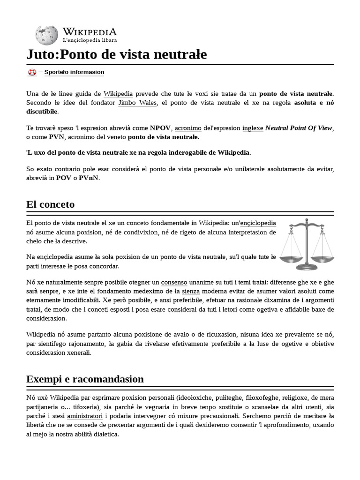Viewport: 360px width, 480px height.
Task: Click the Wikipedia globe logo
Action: [x=46, y=35]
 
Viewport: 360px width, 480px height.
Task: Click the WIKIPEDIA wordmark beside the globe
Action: [x=90, y=31]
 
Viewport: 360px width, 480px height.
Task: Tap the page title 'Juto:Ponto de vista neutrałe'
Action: [x=117, y=55]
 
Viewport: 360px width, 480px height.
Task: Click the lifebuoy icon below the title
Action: [x=32, y=72]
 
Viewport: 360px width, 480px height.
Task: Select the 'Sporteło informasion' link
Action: [x=74, y=72]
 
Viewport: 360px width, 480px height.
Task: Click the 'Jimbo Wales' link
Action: [x=137, y=103]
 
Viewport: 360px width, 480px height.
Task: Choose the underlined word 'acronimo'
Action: [x=188, y=128]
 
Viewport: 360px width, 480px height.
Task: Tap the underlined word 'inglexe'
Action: [x=253, y=128]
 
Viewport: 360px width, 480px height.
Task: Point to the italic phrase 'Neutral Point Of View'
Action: [x=299, y=128]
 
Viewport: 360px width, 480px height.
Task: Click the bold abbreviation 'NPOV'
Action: [x=160, y=128]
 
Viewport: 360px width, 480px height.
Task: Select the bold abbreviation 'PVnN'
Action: [x=89, y=178]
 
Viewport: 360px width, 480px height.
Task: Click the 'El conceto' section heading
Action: [x=51, y=204]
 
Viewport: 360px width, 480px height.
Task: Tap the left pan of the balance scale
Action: [x=290, y=258]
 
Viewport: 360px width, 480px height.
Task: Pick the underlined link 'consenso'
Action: [x=174, y=283]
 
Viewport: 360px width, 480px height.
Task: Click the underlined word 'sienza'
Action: [x=178, y=292]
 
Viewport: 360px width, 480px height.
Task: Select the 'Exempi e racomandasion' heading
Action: [x=85, y=379]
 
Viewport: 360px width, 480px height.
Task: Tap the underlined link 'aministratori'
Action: [x=85, y=416]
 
